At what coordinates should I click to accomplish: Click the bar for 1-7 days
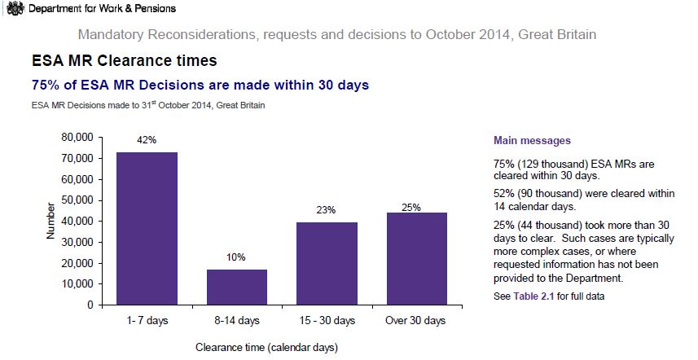pos(147,229)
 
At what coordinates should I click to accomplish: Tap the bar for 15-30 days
pos(327,264)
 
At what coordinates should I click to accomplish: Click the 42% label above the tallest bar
pos(147,140)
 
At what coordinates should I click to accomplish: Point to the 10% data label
pos(236,257)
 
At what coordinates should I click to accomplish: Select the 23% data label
pos(327,210)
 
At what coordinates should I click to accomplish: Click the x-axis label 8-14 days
pos(236,321)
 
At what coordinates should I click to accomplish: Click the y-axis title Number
pos(50,222)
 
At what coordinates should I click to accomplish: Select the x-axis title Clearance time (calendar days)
pos(266,347)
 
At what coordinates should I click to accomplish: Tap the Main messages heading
pos(532,141)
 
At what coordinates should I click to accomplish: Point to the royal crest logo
pos(13,8)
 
